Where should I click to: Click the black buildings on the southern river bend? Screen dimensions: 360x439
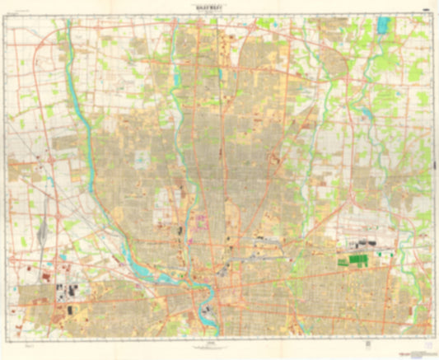[x=206, y=311]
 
